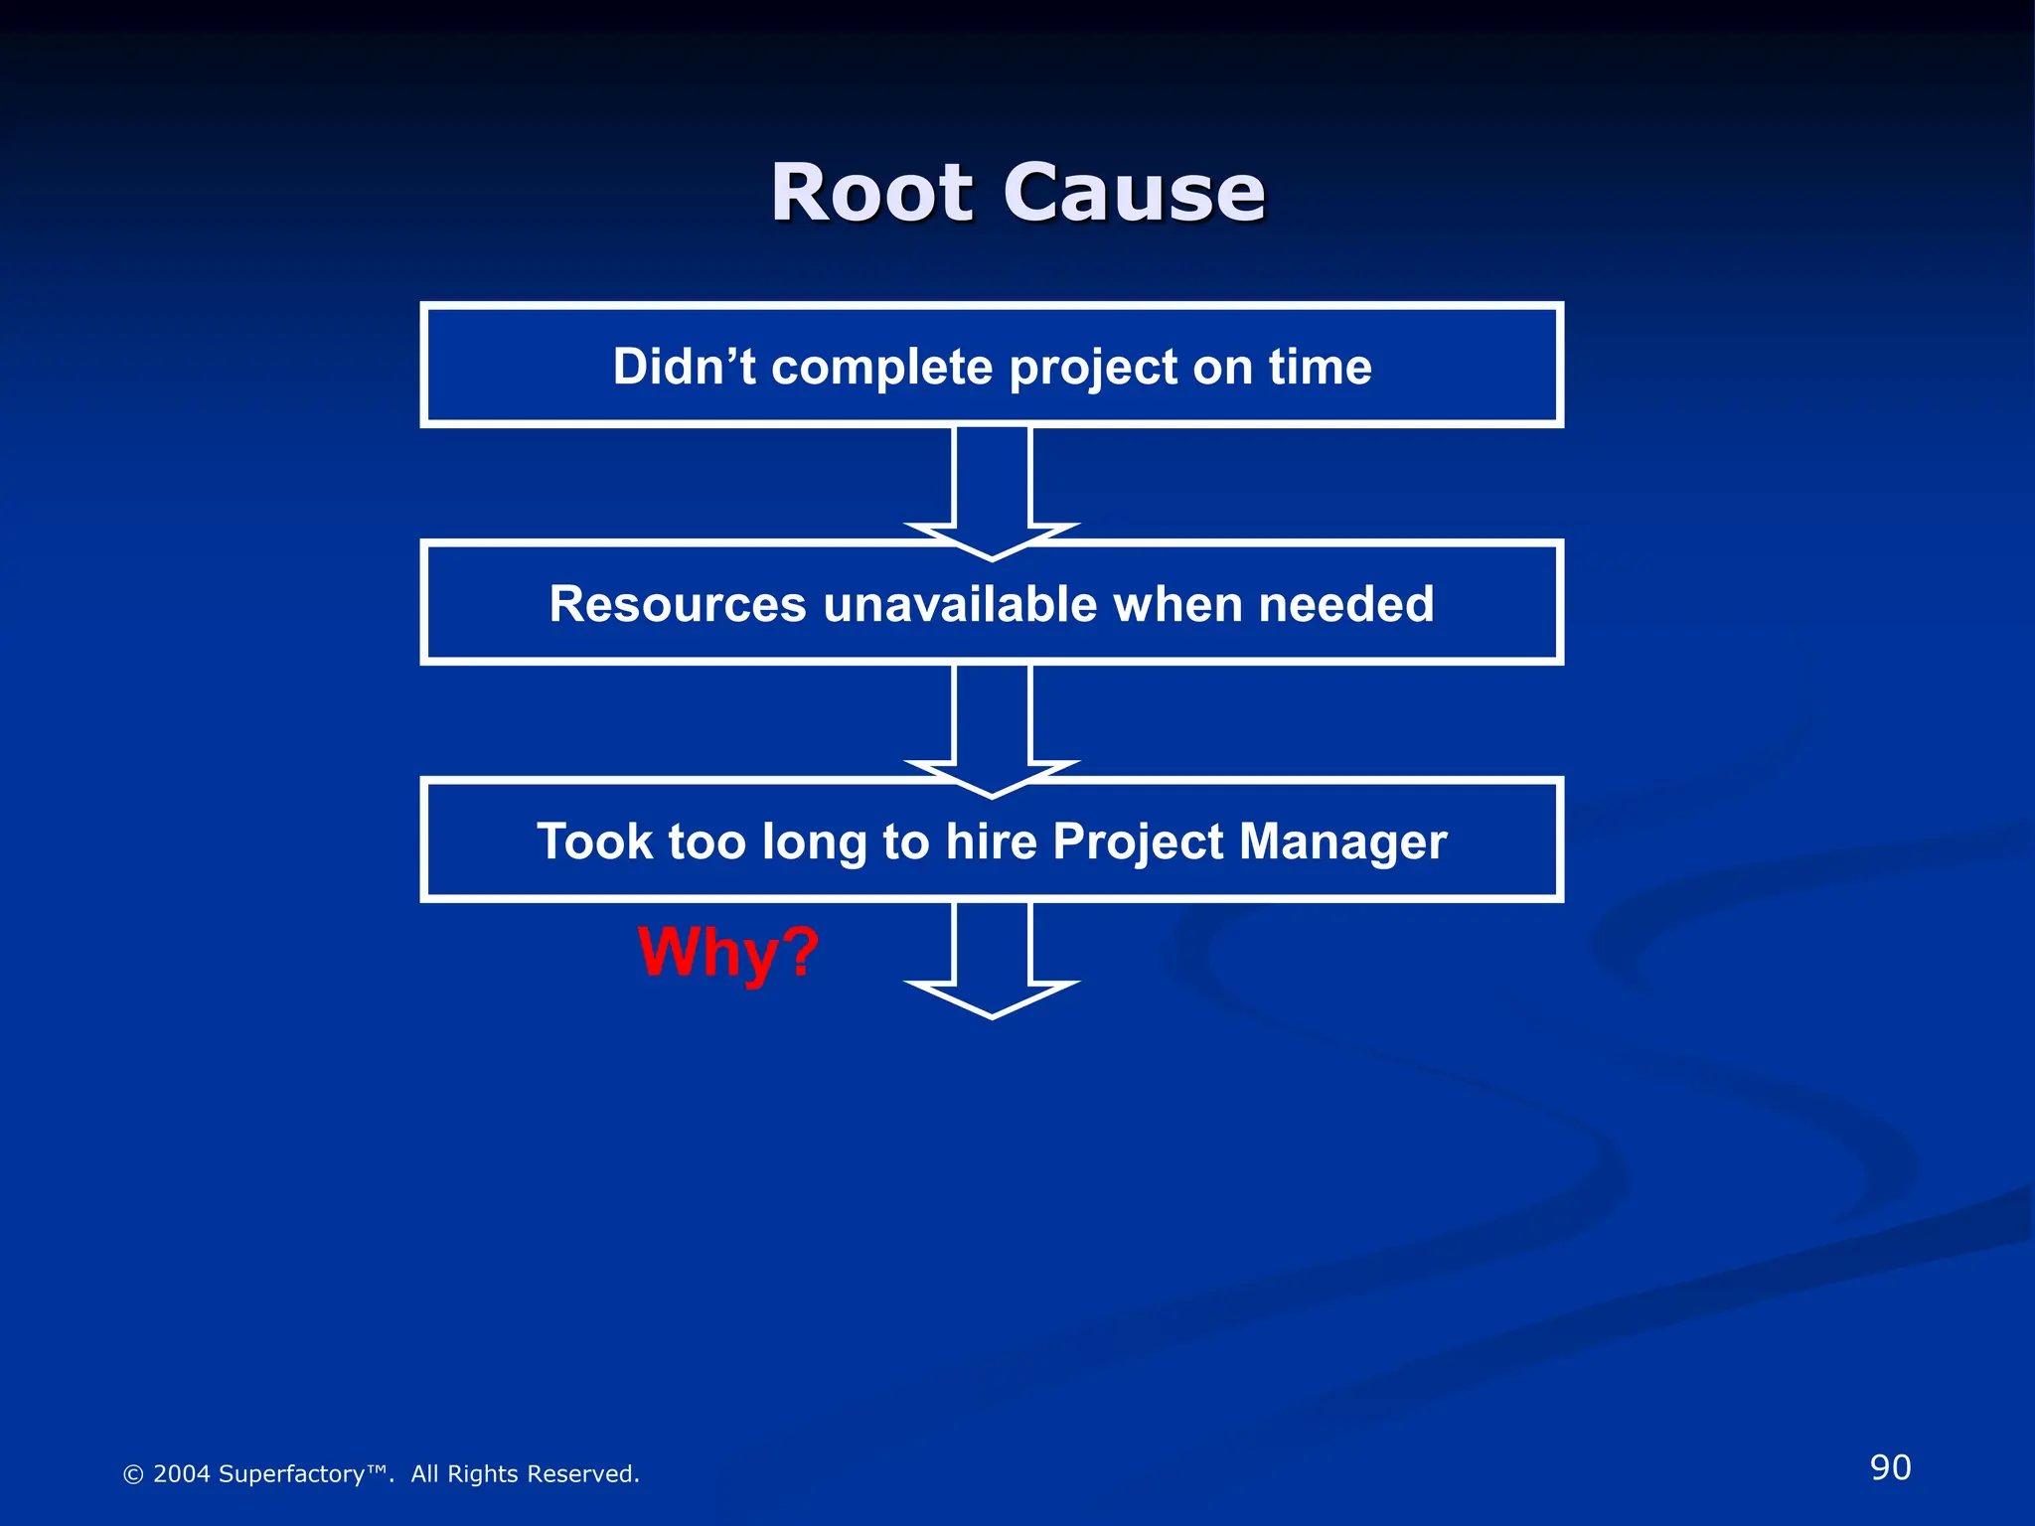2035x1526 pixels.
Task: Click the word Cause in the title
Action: click(x=1134, y=193)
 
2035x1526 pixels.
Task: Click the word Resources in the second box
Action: click(x=678, y=604)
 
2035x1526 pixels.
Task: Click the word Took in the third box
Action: click(x=594, y=841)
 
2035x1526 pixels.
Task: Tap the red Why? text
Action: click(x=728, y=952)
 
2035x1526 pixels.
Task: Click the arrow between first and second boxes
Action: click(x=992, y=487)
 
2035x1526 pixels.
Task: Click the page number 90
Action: click(x=1890, y=1467)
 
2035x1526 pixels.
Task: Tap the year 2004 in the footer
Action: click(x=181, y=1474)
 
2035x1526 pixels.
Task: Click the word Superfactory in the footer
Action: click(x=291, y=1474)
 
